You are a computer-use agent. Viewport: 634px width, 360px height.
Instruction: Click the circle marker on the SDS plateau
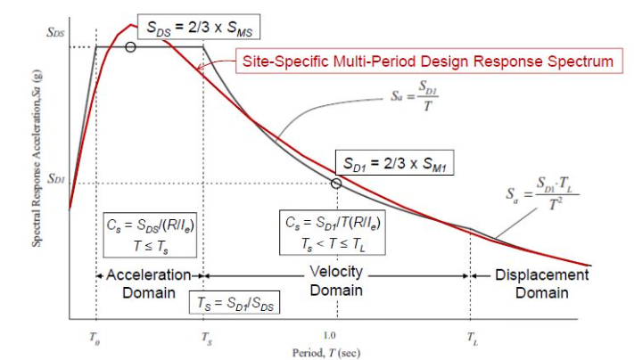(131, 46)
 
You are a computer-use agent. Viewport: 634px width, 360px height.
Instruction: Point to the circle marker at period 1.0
(335, 184)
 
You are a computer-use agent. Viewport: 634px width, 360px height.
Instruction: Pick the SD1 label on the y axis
(57, 178)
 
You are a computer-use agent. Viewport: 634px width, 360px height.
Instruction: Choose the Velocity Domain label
(337, 282)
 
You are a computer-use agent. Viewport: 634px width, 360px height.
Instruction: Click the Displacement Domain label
(542, 282)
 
